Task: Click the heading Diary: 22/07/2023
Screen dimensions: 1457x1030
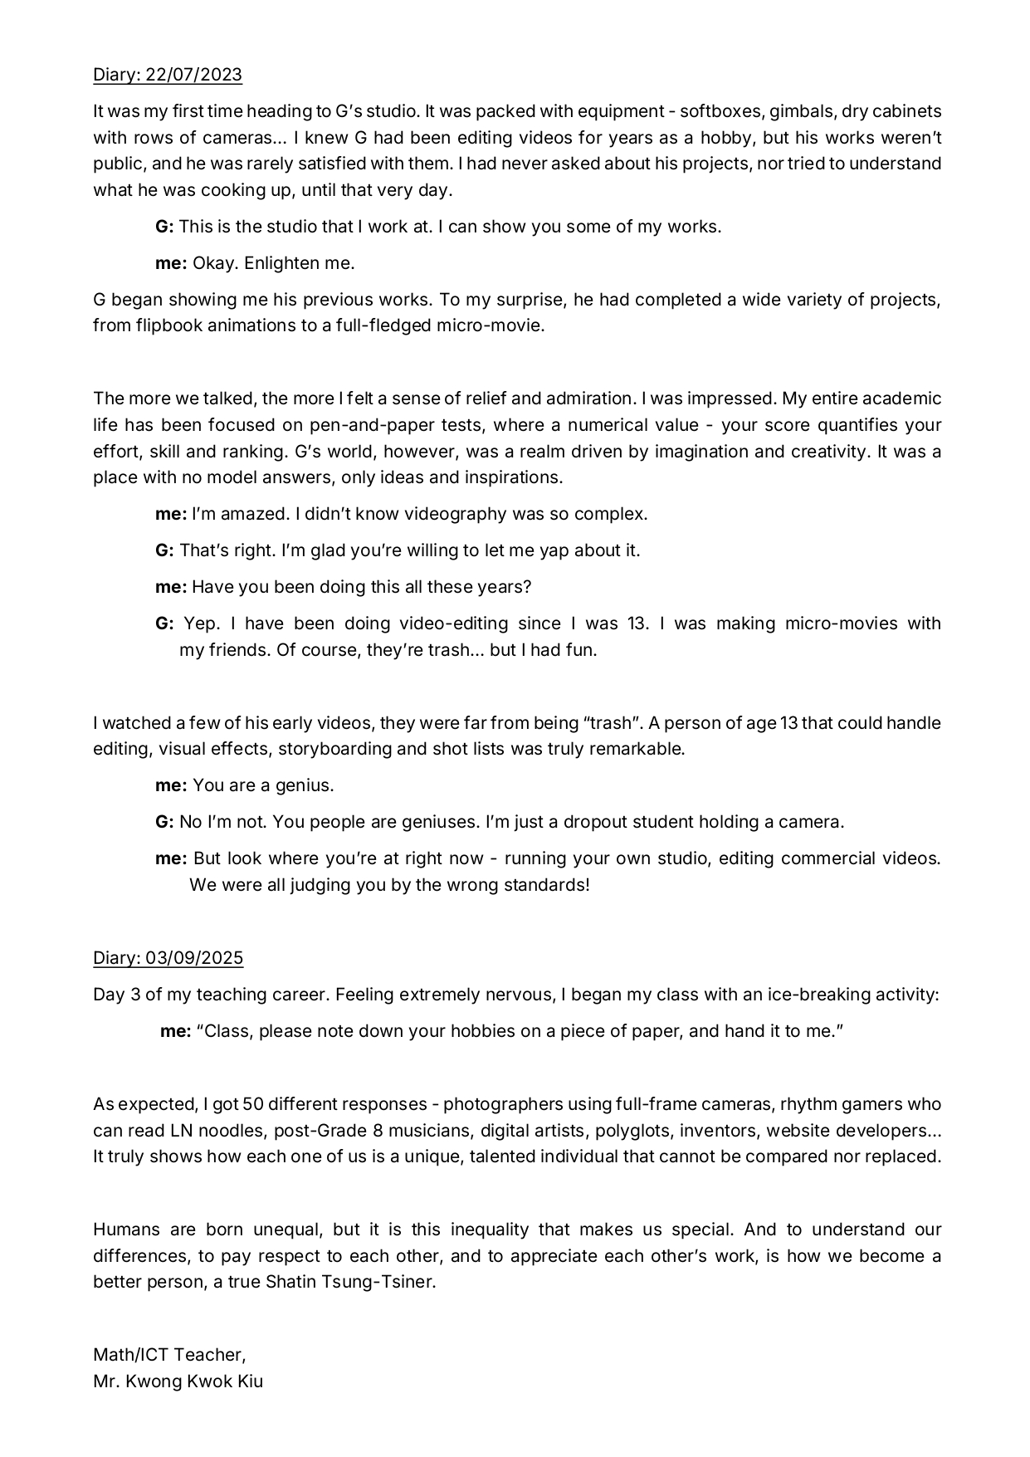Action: pyautogui.click(x=168, y=75)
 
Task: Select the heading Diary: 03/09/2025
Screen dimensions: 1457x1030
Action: pyautogui.click(x=168, y=958)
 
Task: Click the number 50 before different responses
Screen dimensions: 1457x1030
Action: pyautogui.click(x=252, y=1104)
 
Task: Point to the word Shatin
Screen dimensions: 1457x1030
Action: pyautogui.click(x=290, y=1282)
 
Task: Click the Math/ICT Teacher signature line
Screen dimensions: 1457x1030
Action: pyautogui.click(x=169, y=1355)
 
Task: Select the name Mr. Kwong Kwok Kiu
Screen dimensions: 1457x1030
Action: pyautogui.click(x=178, y=1381)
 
